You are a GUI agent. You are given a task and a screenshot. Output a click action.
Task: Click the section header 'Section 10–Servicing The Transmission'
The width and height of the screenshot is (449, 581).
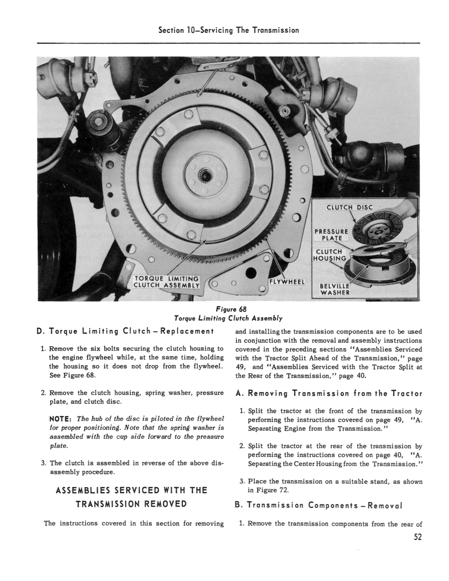(x=229, y=30)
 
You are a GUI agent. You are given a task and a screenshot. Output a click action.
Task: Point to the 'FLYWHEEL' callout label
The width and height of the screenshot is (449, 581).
(x=287, y=282)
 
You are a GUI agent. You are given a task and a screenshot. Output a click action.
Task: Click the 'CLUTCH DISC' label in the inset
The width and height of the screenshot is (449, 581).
(x=349, y=207)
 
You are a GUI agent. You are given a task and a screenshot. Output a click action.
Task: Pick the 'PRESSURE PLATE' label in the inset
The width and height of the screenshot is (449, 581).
(x=331, y=234)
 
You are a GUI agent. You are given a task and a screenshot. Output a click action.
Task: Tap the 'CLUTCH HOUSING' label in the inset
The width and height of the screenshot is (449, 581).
(x=331, y=255)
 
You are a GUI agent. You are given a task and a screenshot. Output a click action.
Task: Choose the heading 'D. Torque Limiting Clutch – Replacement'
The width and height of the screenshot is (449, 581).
(x=125, y=332)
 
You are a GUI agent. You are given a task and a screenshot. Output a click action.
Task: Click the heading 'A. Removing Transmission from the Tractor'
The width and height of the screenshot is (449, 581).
(x=328, y=393)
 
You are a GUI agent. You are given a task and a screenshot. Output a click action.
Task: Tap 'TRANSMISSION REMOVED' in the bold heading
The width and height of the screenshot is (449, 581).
(x=131, y=504)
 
